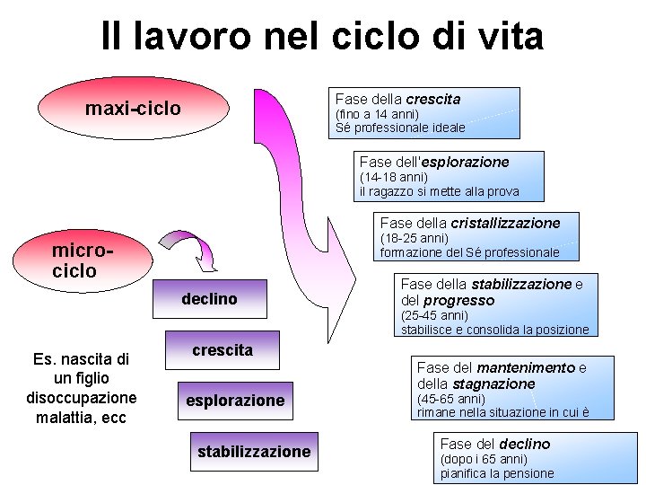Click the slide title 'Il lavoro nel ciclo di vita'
tap(322, 37)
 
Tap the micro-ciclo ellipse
tap(85, 259)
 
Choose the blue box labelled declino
tap(209, 299)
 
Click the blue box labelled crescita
tap(223, 350)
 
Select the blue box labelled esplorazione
tap(235, 401)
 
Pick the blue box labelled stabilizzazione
tap(254, 452)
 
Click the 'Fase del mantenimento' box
tap(514, 388)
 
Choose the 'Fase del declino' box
tap(536, 458)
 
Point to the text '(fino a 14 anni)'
tap(377, 114)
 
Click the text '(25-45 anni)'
tap(434, 315)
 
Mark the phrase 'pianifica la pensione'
tap(497, 473)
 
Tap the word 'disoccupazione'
tap(82, 398)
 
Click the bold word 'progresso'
tap(459, 300)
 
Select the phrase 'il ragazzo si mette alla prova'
tap(439, 191)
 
